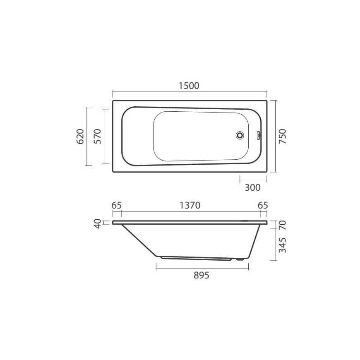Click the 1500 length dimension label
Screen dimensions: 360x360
pos(189,86)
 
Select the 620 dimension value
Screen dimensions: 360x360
pos(80,137)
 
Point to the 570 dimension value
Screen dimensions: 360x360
pos(98,137)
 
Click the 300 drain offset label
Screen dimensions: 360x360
pos(253,187)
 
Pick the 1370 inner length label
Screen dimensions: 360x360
pos(190,205)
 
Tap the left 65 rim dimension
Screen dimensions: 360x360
pos(117,205)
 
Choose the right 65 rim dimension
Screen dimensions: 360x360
pos(263,205)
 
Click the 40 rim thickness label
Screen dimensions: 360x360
pos(98,223)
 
